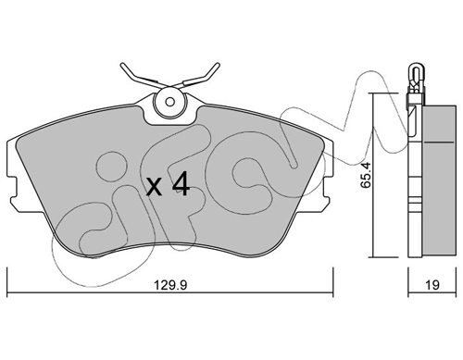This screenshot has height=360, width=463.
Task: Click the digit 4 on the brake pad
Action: (x=181, y=187)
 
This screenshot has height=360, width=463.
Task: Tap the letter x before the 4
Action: (x=156, y=189)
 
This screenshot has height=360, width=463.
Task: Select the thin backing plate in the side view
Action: (x=412, y=176)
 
